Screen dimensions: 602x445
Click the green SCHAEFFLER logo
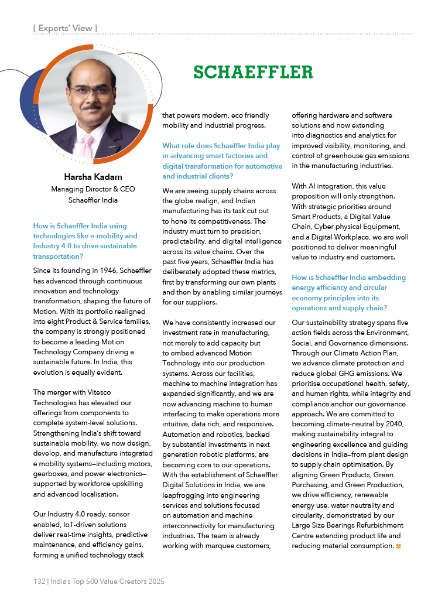coord(253,72)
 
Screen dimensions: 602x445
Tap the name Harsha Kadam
coord(93,177)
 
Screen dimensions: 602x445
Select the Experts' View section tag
coord(65,28)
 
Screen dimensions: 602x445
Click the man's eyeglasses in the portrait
coord(90,91)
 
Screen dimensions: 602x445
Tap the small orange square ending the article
coord(398,546)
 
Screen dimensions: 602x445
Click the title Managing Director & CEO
coord(93,189)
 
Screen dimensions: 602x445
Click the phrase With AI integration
coord(322,186)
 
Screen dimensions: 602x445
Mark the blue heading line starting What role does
coord(221,146)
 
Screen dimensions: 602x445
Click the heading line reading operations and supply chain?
coord(339,307)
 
